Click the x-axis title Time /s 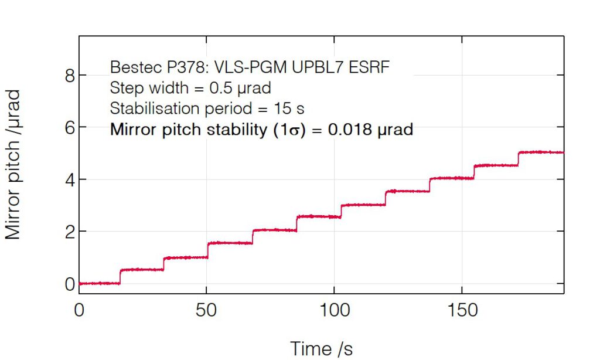(x=322, y=348)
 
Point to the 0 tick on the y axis (x=70, y=284)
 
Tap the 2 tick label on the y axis (x=70, y=232)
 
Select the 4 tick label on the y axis (x=70, y=179)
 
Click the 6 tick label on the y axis (x=70, y=127)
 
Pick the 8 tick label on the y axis (x=70, y=75)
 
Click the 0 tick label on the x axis (x=79, y=310)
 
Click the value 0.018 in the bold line (x=350, y=130)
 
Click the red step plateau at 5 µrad (x=540, y=152)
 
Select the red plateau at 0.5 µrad (x=141, y=270)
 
